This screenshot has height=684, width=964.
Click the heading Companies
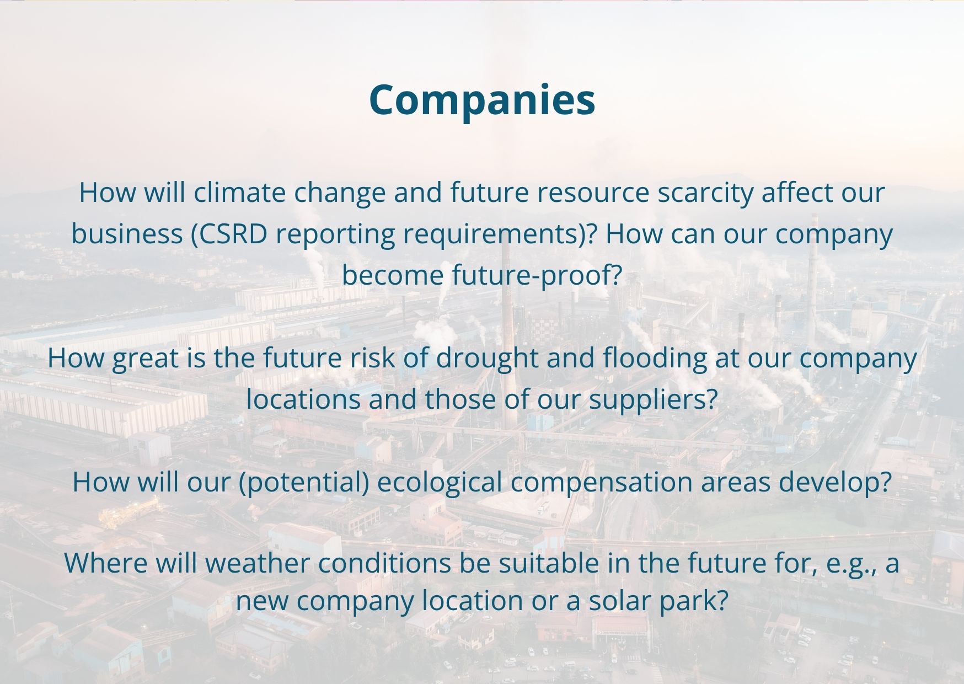(x=482, y=100)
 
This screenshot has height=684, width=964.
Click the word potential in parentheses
(x=304, y=483)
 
